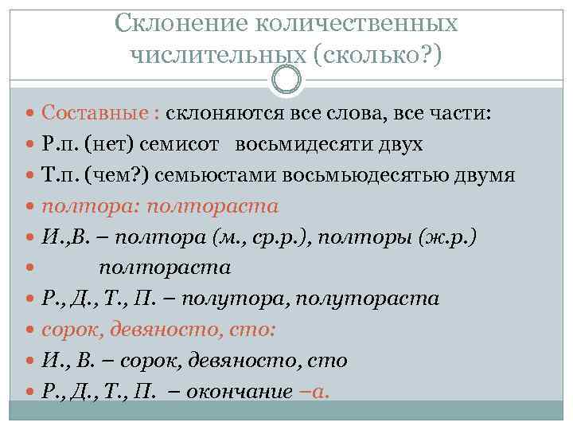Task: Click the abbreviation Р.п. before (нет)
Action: coord(60,145)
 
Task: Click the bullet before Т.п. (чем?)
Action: coord(29,176)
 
